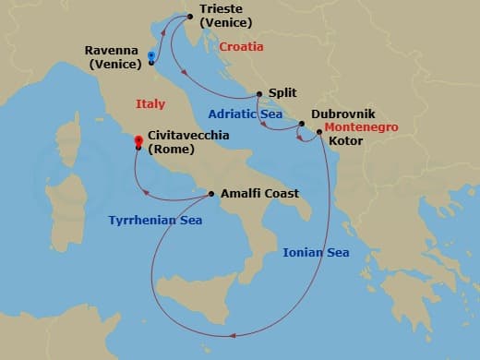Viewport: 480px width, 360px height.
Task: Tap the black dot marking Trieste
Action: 189,15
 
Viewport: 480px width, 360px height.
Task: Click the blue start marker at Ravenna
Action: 150,56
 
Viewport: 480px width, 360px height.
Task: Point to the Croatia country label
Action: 241,46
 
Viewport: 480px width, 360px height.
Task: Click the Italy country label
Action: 150,104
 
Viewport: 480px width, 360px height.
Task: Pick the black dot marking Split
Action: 259,94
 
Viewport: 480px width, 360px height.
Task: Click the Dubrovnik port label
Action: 342,114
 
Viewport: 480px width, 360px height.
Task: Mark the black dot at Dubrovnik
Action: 302,124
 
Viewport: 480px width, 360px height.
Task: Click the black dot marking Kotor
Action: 319,132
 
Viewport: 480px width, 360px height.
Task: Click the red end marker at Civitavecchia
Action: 138,140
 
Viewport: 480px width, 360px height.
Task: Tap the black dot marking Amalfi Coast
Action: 212,194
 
